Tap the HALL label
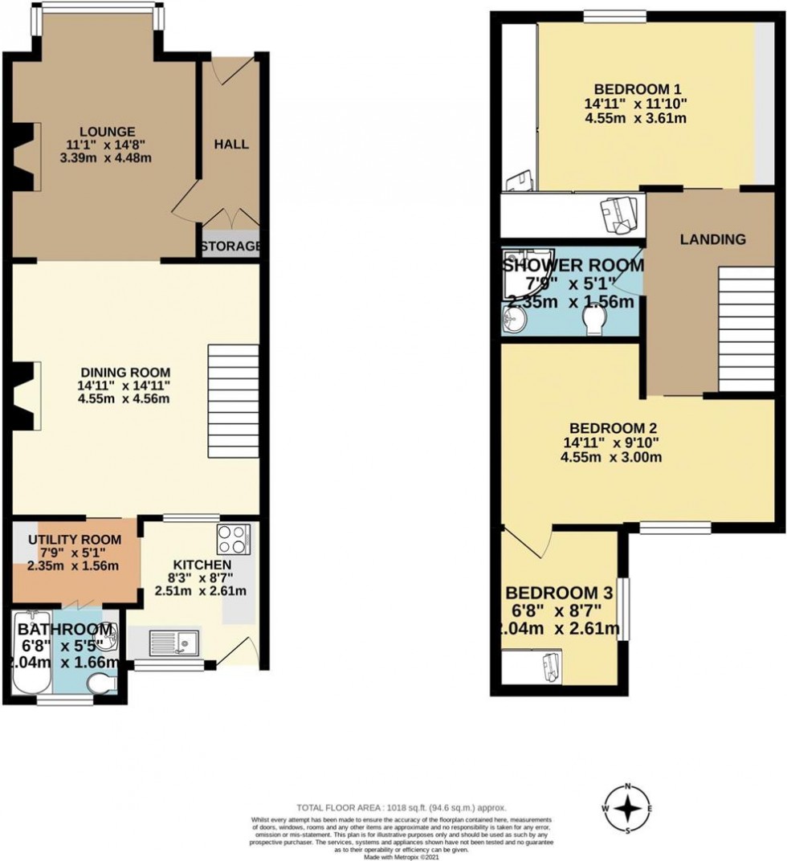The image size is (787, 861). pos(231,145)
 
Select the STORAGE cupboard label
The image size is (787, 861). pos(230,246)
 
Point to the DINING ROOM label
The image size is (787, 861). pos(125,372)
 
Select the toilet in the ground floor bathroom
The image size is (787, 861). pos(101,685)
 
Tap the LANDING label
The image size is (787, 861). pos(712,239)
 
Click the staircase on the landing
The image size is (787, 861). pos(746,329)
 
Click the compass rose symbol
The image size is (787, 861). pos(627,807)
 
